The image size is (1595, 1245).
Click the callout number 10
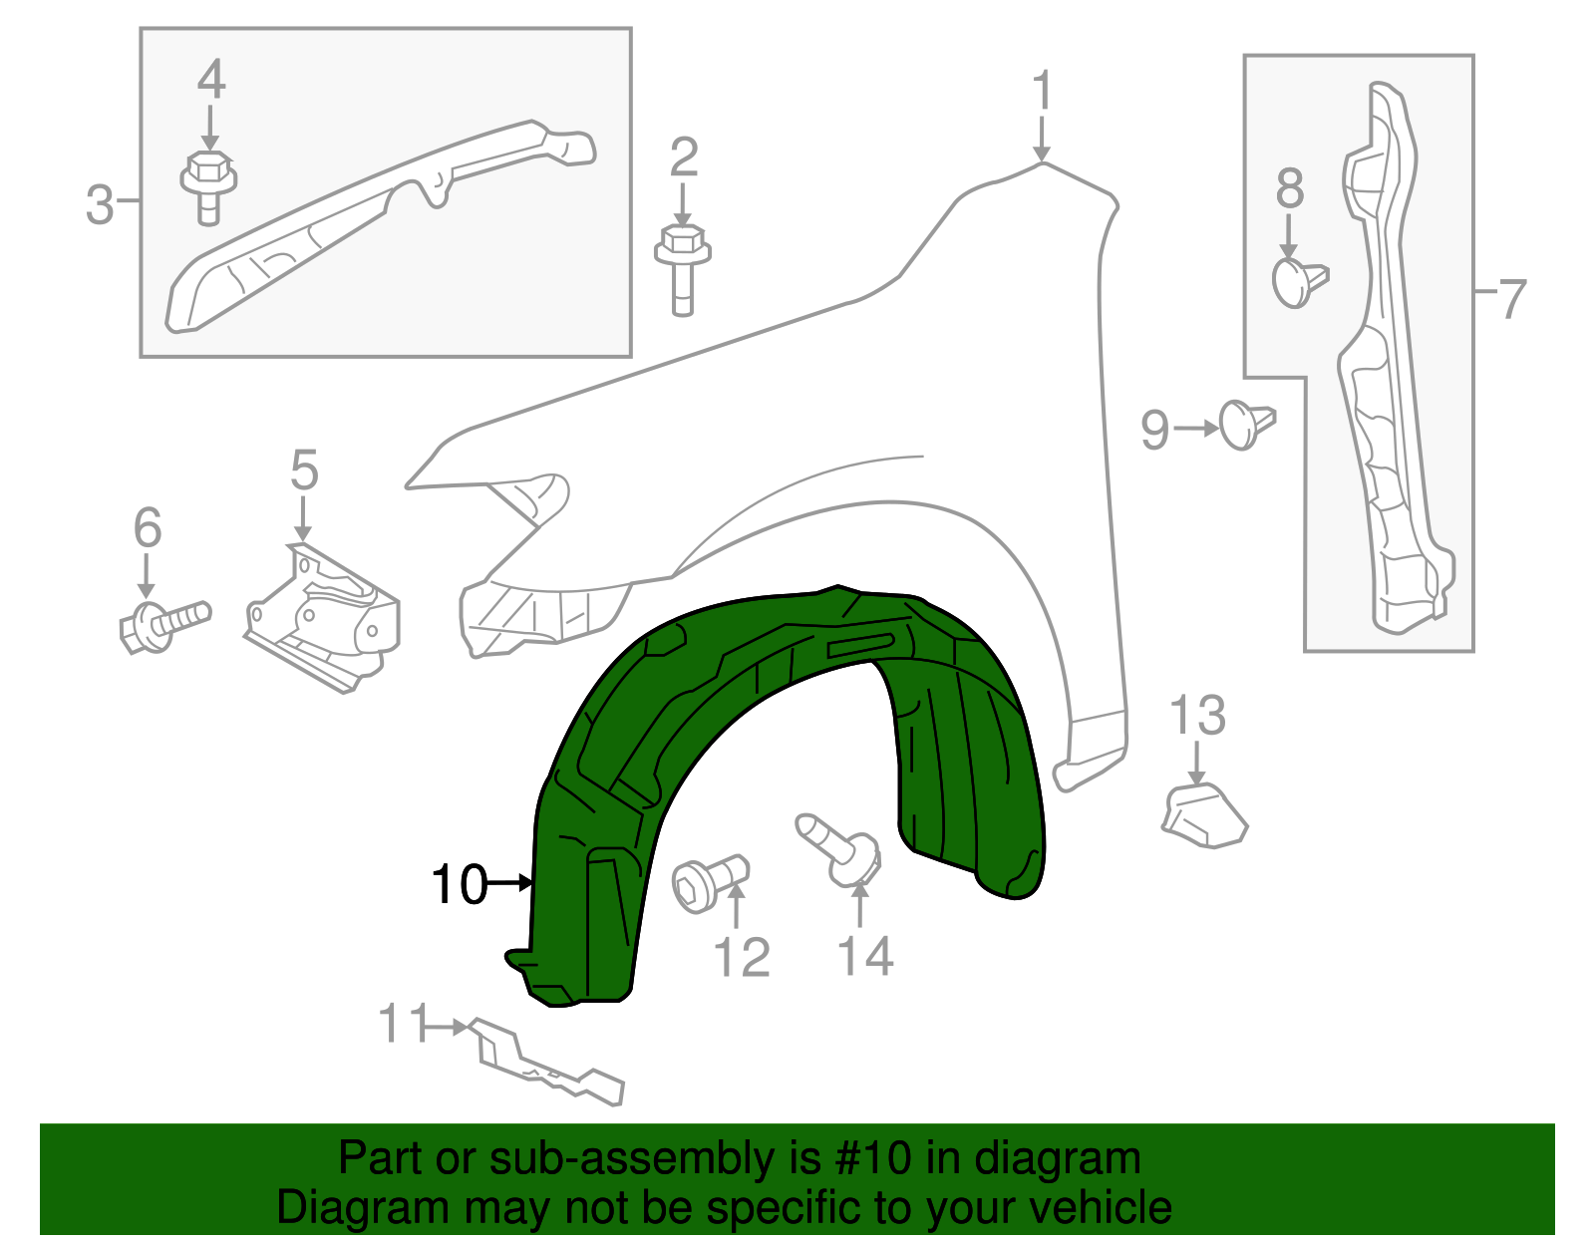pos(459,884)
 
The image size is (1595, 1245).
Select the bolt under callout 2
pos(683,268)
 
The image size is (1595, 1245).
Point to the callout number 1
pos(1042,92)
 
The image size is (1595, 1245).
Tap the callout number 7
pos(1511,298)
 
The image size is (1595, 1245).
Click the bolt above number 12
pos(709,882)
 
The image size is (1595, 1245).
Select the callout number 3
pos(99,204)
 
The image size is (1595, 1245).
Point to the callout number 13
pos(1197,716)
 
